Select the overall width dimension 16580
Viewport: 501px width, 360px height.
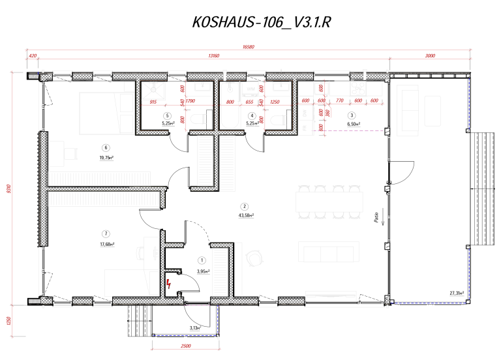(x=248, y=47)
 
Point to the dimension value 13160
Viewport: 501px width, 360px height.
(x=213, y=56)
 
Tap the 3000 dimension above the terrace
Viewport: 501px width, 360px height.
(x=429, y=56)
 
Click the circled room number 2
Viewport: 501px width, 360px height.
(x=245, y=205)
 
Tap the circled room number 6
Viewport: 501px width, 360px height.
(x=105, y=147)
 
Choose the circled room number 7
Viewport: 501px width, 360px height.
(x=105, y=234)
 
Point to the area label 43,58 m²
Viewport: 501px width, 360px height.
(x=246, y=215)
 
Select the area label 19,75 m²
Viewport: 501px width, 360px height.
(x=105, y=157)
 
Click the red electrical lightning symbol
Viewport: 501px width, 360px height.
(x=170, y=283)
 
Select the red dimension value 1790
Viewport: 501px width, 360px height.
(x=190, y=102)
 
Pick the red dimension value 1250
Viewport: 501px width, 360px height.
(x=274, y=102)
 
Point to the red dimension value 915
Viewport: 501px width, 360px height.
(x=154, y=102)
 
